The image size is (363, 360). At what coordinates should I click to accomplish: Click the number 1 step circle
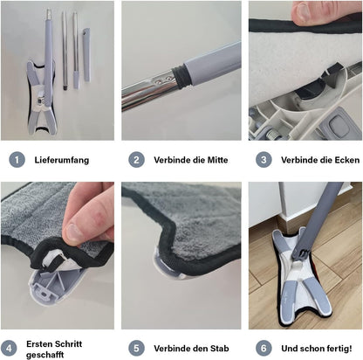[16, 160]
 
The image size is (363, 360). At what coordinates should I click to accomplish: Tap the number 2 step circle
[136, 160]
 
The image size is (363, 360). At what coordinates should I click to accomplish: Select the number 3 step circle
[263, 160]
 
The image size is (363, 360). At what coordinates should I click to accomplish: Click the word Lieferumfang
[61, 161]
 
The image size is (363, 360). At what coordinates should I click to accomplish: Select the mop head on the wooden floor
[305, 280]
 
